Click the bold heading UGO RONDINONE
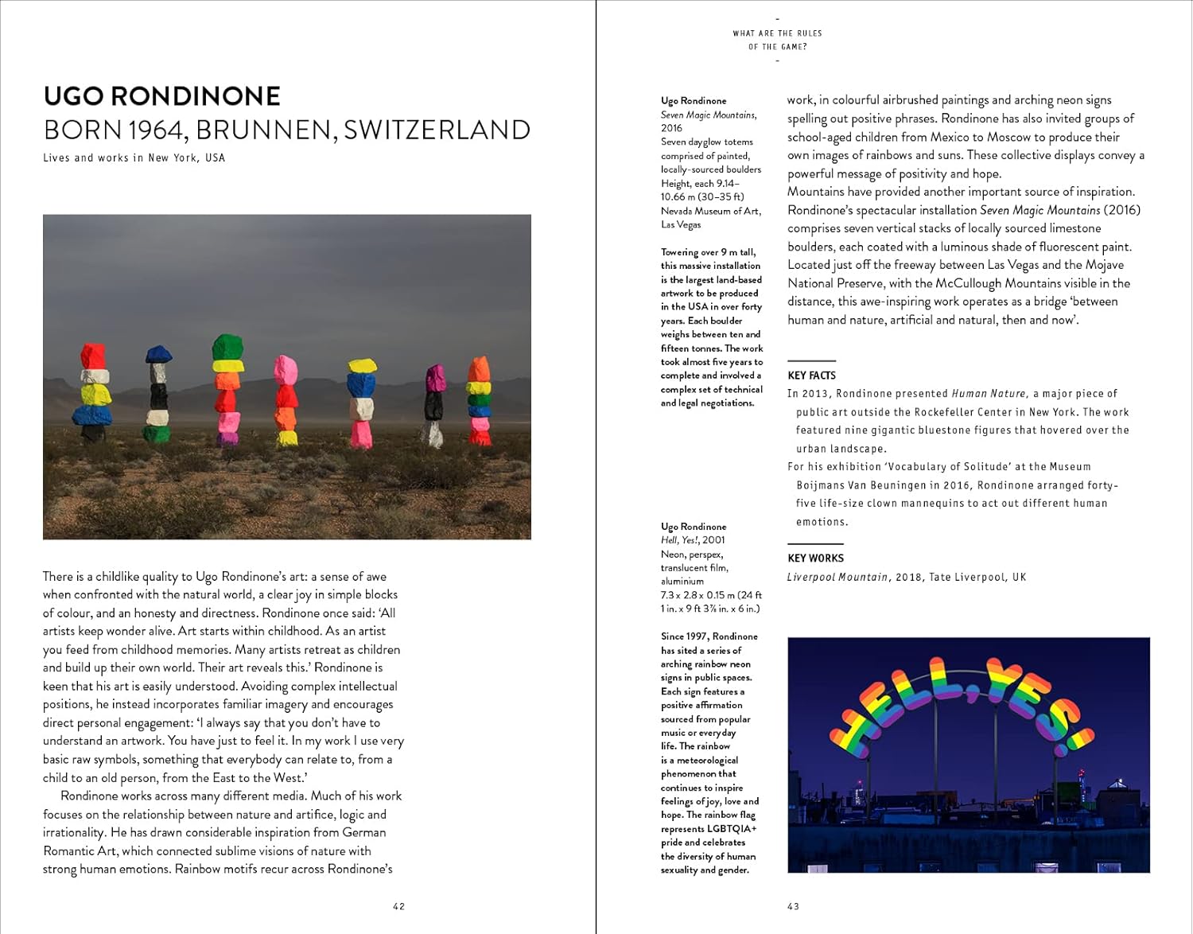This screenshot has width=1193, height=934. (x=161, y=96)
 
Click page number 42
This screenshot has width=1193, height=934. (x=398, y=906)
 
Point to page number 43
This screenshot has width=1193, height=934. (x=793, y=906)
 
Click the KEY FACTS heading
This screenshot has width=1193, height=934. (x=811, y=376)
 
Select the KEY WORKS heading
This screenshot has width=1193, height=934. (x=815, y=558)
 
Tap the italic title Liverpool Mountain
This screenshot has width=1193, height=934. (x=837, y=577)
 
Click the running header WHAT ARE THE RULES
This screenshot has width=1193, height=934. (x=777, y=33)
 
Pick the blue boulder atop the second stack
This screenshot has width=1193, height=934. (x=158, y=354)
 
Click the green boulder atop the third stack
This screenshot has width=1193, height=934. (x=227, y=347)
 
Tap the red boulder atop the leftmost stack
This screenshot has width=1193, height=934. (x=93, y=356)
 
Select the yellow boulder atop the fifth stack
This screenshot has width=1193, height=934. (x=362, y=366)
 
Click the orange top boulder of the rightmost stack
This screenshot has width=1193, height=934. (x=479, y=368)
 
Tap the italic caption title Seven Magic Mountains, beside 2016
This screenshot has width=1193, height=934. (x=708, y=115)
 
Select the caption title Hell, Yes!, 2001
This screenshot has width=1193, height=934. (x=693, y=540)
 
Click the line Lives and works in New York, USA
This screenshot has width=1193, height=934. (x=134, y=158)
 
